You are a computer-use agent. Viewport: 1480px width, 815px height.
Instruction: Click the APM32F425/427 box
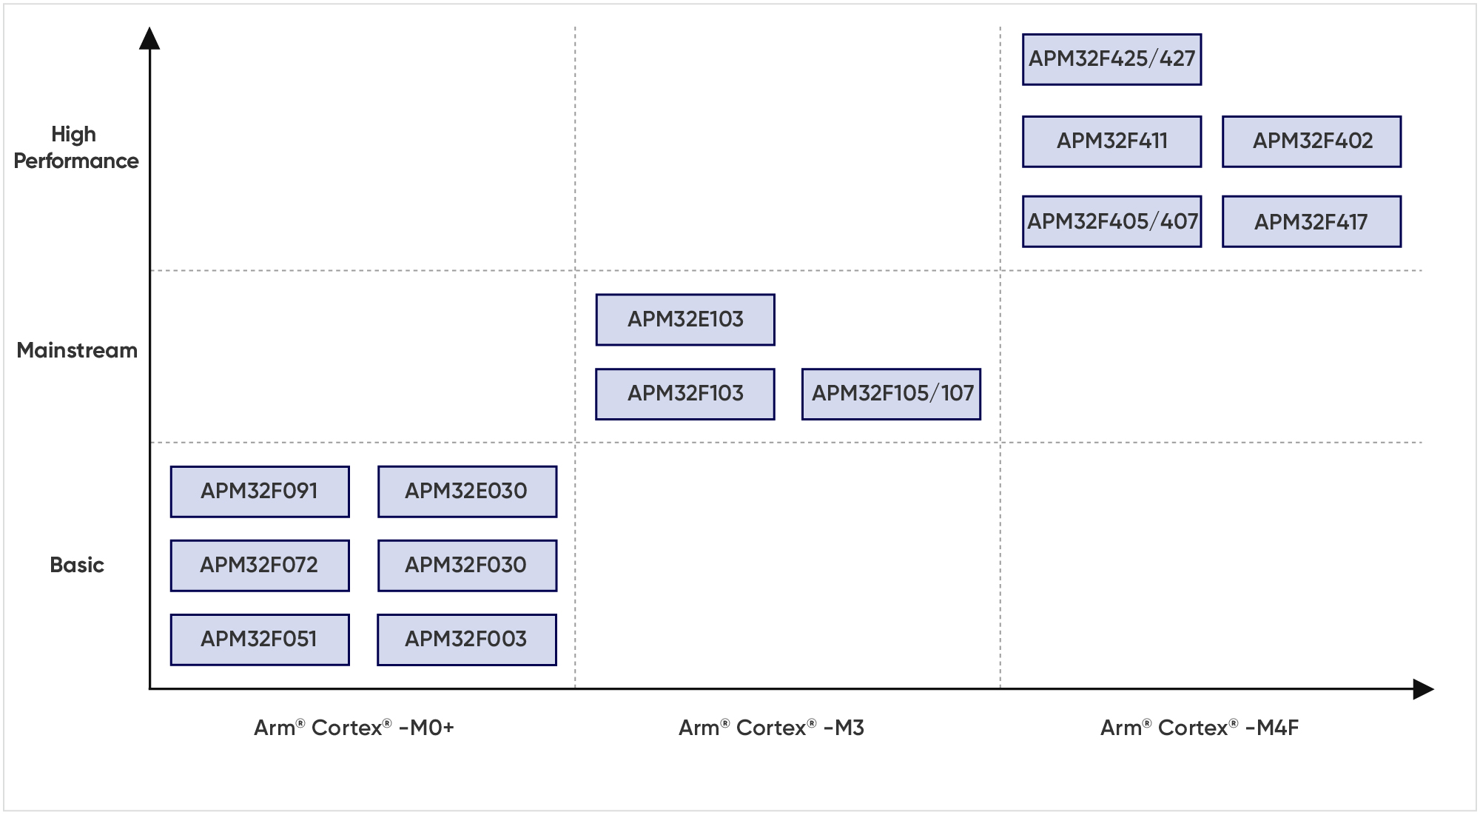(1111, 59)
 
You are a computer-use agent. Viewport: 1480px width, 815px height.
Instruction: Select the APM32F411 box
(1111, 141)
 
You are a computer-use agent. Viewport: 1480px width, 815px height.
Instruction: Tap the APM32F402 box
(1311, 141)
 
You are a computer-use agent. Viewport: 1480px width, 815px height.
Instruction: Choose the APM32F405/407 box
(1111, 221)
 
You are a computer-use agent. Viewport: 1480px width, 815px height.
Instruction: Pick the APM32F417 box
(1311, 221)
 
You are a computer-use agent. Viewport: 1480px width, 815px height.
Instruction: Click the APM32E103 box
(685, 320)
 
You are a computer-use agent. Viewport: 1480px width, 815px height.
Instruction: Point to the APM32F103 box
(685, 394)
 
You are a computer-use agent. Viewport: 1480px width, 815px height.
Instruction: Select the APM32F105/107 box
(891, 394)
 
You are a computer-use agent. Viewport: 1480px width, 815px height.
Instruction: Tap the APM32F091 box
(260, 492)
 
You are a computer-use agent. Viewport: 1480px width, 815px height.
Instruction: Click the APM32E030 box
(467, 492)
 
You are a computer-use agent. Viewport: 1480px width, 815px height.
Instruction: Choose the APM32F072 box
(260, 566)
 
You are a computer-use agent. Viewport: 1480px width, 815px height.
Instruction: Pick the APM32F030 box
(467, 566)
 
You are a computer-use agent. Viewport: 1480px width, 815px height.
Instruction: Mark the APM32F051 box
(260, 640)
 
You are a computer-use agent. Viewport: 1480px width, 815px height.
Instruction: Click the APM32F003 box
(467, 640)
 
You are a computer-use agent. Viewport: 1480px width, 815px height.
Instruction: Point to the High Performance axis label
(75, 147)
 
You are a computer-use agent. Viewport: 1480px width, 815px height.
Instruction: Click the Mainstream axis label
(77, 350)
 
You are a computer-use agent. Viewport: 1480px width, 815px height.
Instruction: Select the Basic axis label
(77, 565)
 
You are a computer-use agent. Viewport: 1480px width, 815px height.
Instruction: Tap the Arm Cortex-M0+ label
(354, 728)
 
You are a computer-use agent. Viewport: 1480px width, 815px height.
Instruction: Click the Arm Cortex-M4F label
(1200, 728)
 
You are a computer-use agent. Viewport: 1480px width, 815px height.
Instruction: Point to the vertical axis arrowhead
(149, 38)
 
